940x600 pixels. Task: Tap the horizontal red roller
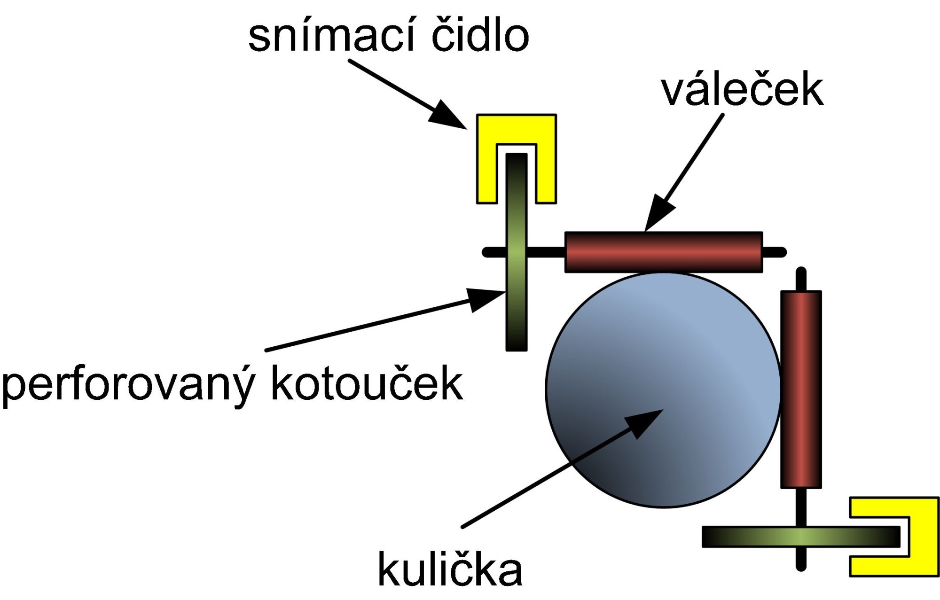pos(663,252)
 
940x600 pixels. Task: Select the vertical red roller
pos(801,389)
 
